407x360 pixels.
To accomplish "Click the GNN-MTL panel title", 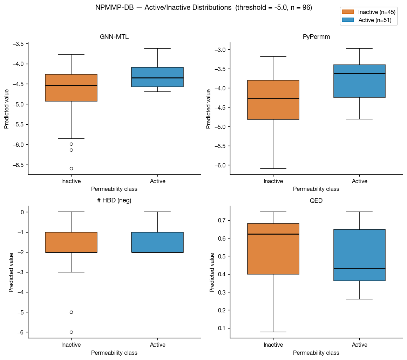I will click(x=114, y=37).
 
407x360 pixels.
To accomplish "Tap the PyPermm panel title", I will click(x=316, y=37).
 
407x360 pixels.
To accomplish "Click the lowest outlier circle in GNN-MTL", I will click(x=71, y=168).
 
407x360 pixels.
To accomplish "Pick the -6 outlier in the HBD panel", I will click(x=71, y=332).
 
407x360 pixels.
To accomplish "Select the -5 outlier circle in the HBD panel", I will click(x=71, y=312).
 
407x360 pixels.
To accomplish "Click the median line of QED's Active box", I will click(x=359, y=269).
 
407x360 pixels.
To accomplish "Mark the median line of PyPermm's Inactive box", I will click(x=273, y=98).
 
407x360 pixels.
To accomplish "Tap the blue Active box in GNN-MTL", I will click(x=157, y=77).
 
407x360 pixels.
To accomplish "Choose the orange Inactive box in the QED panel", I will click(x=273, y=249).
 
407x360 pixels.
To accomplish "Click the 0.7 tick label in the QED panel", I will click(x=223, y=220).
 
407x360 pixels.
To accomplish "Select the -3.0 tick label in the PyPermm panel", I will click(x=221, y=49).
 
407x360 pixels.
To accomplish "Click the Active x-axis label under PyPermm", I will click(x=359, y=181).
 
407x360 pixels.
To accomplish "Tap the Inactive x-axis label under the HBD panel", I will click(x=71, y=345).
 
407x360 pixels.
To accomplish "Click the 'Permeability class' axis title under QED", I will click(x=316, y=353).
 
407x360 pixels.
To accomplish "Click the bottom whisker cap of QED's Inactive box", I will click(x=273, y=332).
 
